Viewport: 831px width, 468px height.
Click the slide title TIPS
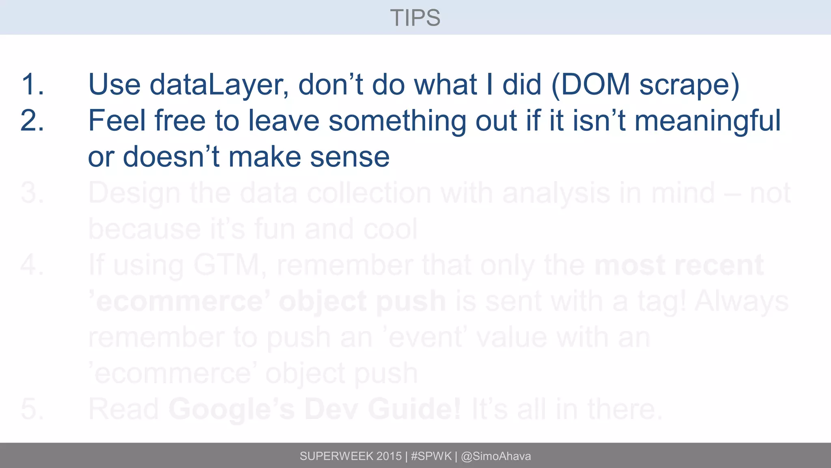click(x=415, y=18)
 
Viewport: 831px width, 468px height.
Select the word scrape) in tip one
click(x=689, y=85)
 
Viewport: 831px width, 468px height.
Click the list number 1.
click(x=32, y=84)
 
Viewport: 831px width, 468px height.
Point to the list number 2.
click(x=32, y=121)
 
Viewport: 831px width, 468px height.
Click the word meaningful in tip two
click(x=707, y=121)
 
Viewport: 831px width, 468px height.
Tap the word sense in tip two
click(x=349, y=157)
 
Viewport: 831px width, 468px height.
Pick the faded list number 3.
click(x=32, y=193)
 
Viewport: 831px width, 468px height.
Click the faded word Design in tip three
click(x=134, y=193)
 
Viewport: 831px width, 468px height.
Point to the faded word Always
click(x=742, y=302)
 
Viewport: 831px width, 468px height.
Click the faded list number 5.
click(x=32, y=409)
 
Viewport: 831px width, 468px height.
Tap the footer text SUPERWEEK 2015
click(x=351, y=456)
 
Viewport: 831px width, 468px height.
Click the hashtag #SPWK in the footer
click(x=431, y=456)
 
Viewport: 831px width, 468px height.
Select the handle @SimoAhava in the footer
click(x=496, y=456)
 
